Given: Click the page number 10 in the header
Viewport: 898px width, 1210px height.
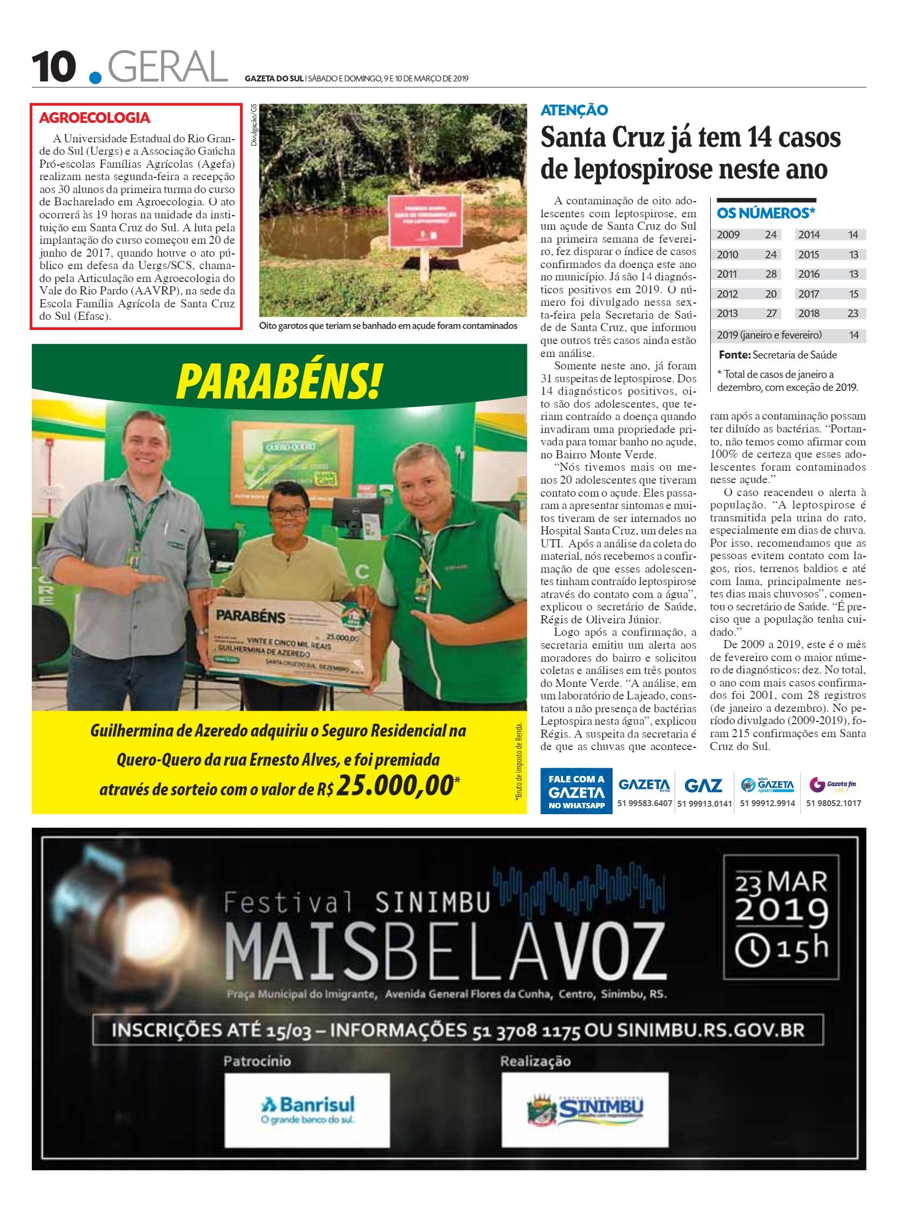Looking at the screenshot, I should coord(53,67).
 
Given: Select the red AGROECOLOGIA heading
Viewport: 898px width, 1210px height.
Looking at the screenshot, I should coord(95,118).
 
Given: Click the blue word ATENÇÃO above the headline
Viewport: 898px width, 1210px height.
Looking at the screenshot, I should coord(574,111).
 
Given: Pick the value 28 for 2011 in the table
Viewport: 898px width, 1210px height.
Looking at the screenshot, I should coord(771,274).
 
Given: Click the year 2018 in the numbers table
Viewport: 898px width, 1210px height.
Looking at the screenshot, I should coord(809,313).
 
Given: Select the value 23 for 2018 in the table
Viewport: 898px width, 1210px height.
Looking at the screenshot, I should coord(852,313).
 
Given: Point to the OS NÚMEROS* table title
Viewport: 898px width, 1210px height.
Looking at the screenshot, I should coord(766,214).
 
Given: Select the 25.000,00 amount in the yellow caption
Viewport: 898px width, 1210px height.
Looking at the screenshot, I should coord(394,785).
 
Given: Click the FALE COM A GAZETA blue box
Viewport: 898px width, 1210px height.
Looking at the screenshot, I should coord(576,791).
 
